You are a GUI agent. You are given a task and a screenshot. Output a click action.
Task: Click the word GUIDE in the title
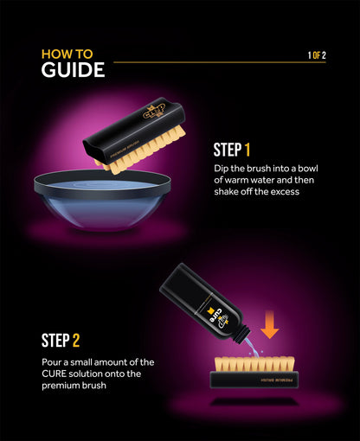pyautogui.click(x=73, y=69)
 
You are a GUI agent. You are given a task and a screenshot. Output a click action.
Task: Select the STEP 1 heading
pyautogui.click(x=232, y=150)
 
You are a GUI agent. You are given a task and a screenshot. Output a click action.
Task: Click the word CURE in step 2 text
pyautogui.click(x=56, y=373)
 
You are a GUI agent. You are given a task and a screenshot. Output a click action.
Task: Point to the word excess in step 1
pyautogui.click(x=281, y=192)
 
